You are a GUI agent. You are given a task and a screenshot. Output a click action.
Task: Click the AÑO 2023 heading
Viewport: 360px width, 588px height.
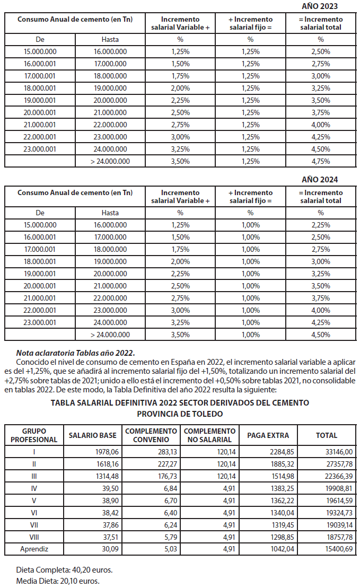pos(319,6)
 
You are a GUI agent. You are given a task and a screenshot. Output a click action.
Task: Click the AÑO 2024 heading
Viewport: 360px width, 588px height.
pos(319,180)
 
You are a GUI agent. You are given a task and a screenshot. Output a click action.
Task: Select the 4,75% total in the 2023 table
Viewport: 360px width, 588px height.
pos(321,161)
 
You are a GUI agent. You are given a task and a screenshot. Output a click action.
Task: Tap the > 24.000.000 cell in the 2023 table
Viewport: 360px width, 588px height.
pos(110,161)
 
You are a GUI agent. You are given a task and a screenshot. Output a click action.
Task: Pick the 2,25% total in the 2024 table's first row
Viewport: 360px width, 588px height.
pos(321,225)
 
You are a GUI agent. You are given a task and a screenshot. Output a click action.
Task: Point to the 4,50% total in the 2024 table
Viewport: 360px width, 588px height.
pos(321,335)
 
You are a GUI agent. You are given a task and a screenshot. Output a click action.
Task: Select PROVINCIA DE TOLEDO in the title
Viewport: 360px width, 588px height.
pos(180,414)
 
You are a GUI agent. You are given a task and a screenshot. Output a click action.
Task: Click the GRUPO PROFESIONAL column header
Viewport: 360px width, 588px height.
pos(34,435)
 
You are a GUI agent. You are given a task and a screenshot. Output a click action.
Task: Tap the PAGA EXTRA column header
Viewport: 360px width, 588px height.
pos(268,435)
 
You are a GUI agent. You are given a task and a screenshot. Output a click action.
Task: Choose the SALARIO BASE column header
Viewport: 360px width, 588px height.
pos(93,435)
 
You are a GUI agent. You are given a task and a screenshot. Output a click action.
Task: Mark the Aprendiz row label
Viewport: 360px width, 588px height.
pos(34,549)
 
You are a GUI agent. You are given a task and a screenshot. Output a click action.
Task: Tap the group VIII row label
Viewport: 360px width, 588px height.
pos(34,537)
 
